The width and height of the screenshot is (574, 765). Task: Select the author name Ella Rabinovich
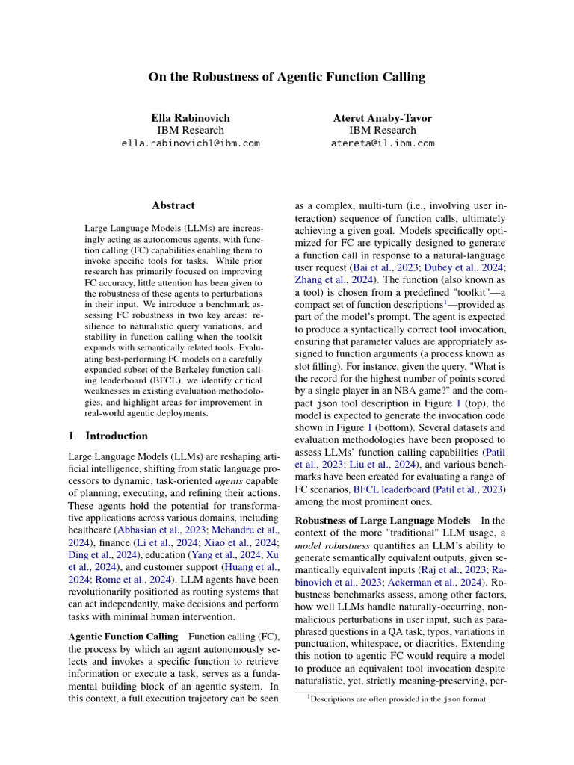[191, 117]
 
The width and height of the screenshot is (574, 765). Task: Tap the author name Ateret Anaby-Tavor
[382, 117]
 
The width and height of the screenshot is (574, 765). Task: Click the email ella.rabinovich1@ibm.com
[191, 143]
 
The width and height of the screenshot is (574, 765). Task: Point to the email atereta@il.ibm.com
[382, 143]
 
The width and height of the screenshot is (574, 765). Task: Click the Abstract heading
[173, 205]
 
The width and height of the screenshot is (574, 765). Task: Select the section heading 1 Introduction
[108, 436]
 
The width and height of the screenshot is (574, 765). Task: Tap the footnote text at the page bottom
[398, 700]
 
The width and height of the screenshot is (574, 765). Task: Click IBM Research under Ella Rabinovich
[191, 131]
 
